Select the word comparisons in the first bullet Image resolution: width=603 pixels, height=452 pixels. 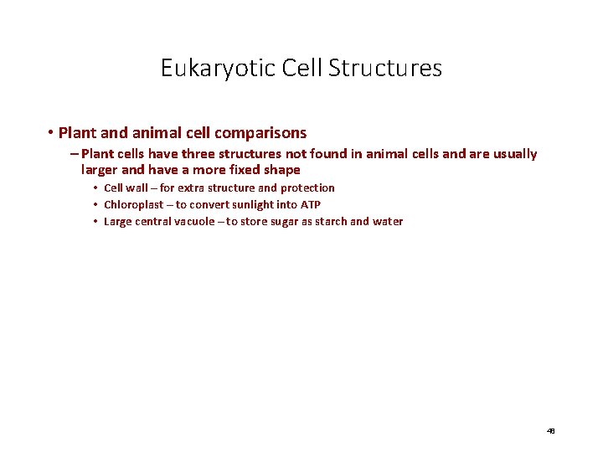tap(260, 132)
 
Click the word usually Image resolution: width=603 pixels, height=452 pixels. tap(512, 154)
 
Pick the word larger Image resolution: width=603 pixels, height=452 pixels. tap(101, 170)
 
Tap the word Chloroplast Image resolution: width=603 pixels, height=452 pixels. tap(133, 205)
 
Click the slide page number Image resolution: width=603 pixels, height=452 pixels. tap(551, 431)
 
